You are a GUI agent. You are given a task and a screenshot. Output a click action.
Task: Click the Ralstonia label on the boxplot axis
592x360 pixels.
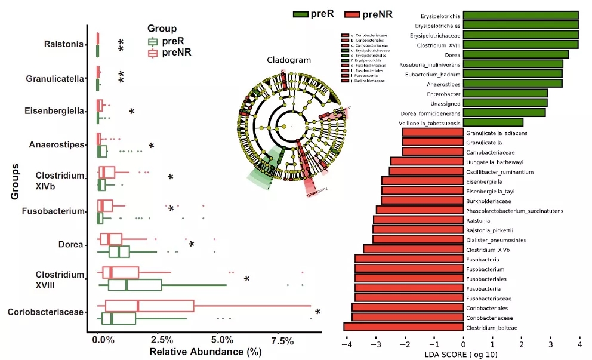pyautogui.click(x=64, y=44)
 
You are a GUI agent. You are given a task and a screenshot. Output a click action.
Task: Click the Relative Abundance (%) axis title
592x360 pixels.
pyautogui.click(x=205, y=352)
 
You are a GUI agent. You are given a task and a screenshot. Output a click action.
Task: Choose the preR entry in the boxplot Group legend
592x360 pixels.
pyautogui.click(x=172, y=41)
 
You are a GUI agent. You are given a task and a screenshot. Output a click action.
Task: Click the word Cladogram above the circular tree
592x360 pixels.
pyautogui.click(x=289, y=61)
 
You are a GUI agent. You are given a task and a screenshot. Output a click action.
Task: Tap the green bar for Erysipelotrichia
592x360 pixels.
pyautogui.click(x=521, y=15)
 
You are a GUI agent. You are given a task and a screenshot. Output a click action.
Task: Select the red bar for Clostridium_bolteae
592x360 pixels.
pyautogui.click(x=403, y=327)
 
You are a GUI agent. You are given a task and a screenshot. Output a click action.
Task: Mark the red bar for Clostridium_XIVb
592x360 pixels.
pyautogui.click(x=413, y=248)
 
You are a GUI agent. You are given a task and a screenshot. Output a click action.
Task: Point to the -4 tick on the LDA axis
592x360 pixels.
pyautogui.click(x=346, y=343)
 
